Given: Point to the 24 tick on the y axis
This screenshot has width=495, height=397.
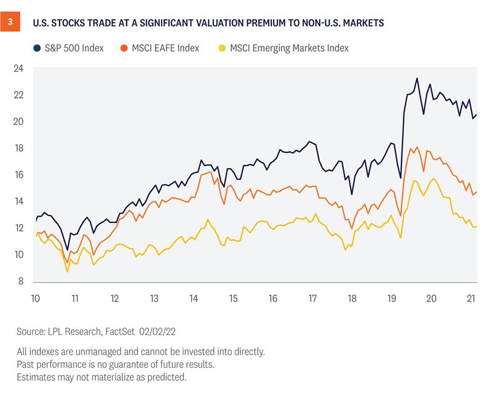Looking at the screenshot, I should click(x=19, y=69).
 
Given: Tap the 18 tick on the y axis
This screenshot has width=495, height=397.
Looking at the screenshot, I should click(x=19, y=149).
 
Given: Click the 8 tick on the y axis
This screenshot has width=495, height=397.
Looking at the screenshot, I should click(x=21, y=282).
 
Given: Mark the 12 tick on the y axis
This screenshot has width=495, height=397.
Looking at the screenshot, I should click(x=19, y=229).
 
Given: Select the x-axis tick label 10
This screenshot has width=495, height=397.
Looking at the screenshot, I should click(x=35, y=298).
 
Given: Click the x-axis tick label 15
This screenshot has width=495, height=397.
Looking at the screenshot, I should click(x=233, y=298).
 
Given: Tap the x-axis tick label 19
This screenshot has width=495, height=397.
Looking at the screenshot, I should click(x=392, y=298).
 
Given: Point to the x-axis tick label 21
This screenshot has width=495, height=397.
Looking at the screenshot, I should click(x=471, y=298).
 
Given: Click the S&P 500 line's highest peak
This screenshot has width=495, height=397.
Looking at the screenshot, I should click(x=417, y=79).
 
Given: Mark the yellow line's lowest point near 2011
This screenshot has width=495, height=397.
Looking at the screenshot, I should click(x=68, y=271).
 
